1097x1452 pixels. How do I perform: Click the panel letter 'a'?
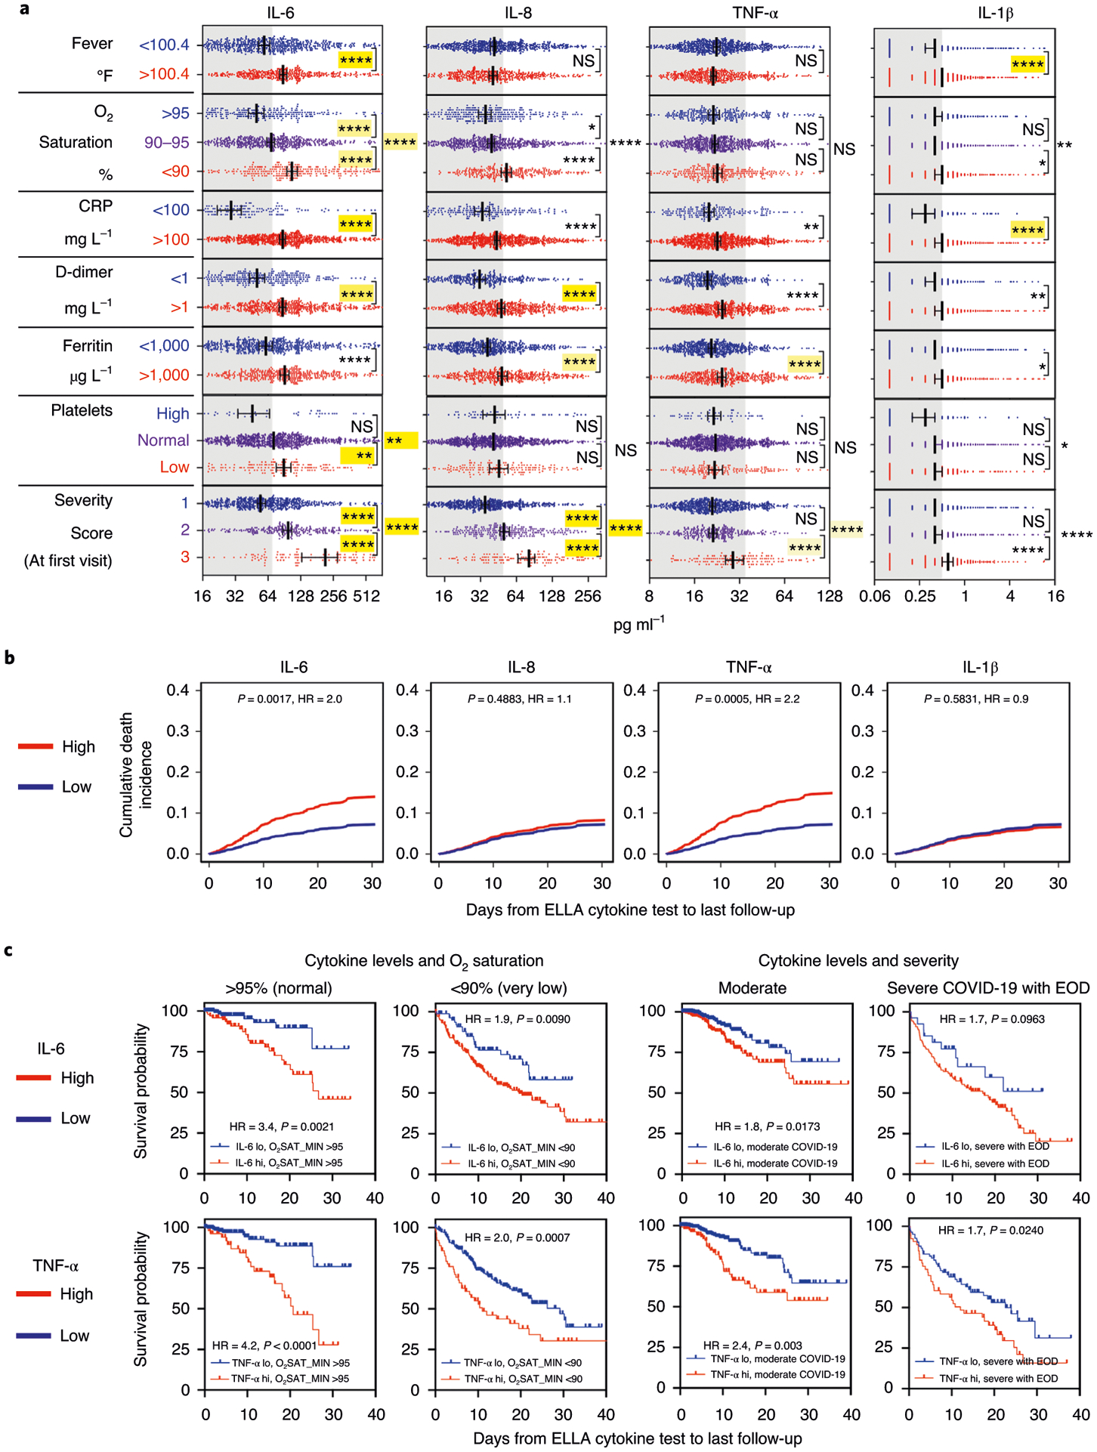pos(25,9)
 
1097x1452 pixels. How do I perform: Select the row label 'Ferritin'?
pos(88,346)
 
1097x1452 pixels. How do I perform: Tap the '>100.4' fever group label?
pos(164,74)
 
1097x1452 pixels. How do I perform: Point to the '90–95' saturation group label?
pos(167,142)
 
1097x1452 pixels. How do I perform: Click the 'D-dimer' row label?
pos(84,272)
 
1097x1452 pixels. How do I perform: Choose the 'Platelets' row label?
pos(82,410)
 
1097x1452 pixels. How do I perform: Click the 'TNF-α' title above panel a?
pos(755,13)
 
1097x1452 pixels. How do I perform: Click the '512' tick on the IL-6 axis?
pos(366,596)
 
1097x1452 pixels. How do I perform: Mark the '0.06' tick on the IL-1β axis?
pos(874,596)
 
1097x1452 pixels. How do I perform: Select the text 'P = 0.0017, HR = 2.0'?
pos(289,699)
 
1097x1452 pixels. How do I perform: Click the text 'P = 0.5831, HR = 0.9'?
pos(976,699)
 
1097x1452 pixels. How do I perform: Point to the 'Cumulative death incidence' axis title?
pos(135,774)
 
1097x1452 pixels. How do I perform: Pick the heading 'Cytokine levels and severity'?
pos(858,960)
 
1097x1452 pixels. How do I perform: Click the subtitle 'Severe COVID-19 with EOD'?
pos(988,988)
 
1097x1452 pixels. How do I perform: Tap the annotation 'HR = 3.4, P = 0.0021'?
pos(282,1126)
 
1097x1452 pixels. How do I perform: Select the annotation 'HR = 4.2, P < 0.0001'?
pos(264,1345)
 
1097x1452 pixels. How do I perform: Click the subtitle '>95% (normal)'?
pos(279,988)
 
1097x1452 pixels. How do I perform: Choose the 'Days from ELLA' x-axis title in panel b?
pos(630,910)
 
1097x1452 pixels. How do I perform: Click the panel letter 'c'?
pos(8,950)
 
